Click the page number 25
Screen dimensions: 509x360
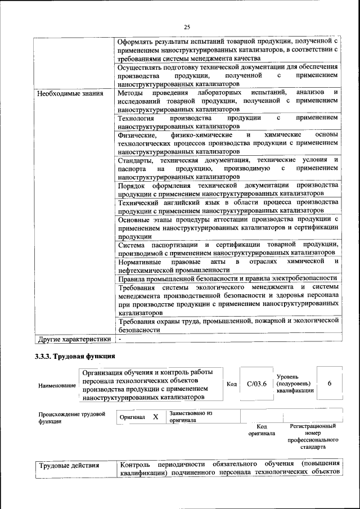tap(187, 26)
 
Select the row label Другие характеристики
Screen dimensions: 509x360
tap(74, 339)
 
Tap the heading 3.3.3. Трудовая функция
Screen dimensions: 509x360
tap(75, 356)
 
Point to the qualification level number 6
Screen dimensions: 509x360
tap(329, 383)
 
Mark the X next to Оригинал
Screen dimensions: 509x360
tap(155, 417)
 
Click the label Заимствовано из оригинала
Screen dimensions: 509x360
tap(190, 416)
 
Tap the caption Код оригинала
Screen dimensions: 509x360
tap(262, 430)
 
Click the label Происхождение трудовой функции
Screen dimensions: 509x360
tap(71, 417)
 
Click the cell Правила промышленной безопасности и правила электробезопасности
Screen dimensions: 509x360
tap(227, 278)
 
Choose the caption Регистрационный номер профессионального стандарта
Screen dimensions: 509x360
tap(313, 437)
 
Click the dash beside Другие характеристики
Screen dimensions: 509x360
tap(120, 339)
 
